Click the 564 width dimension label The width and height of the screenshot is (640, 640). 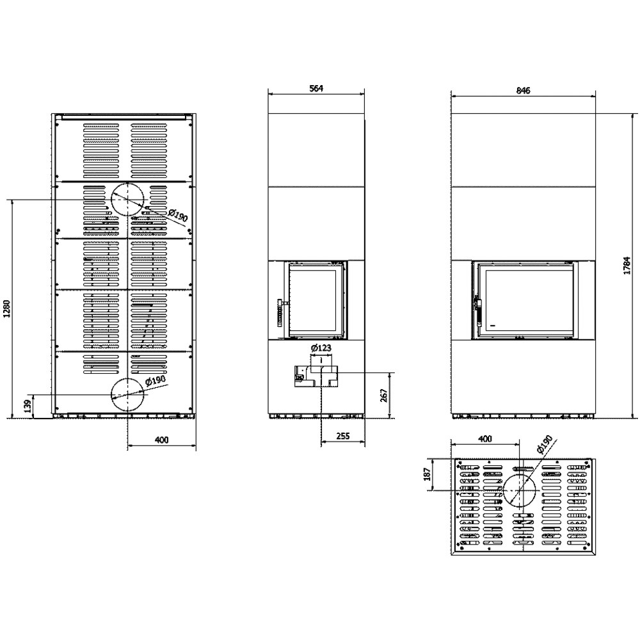316,88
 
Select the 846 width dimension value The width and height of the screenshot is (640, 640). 523,90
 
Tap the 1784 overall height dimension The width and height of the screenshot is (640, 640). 627,266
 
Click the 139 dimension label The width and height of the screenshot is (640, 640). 28,407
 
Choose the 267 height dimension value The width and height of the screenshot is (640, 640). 384,396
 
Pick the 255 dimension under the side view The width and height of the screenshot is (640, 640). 343,435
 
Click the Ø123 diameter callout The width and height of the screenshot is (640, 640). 321,348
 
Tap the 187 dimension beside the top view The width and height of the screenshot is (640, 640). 427,474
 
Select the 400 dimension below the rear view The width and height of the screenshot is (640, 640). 162,440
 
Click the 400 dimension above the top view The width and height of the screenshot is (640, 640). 484,439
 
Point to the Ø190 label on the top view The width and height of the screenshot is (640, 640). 545,444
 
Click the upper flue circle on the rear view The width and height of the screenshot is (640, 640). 128,183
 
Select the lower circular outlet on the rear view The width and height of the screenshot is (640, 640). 128,378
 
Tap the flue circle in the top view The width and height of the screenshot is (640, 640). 520,474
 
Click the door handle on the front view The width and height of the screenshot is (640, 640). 477,310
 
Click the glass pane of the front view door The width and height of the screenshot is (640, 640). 527,300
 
